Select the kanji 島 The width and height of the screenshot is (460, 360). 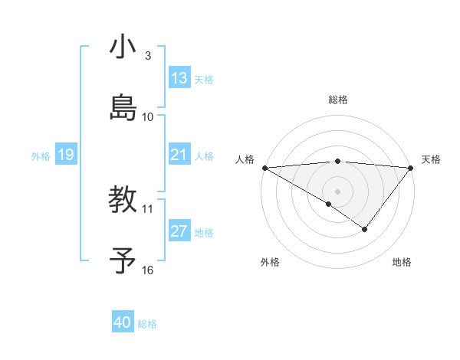(x=123, y=106)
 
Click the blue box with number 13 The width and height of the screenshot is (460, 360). (x=179, y=78)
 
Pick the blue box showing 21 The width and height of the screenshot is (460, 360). (x=179, y=155)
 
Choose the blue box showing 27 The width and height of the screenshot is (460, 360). (x=179, y=231)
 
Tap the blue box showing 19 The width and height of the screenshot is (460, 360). (x=65, y=155)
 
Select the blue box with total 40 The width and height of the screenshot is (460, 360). (x=123, y=322)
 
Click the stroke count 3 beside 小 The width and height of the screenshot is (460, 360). (x=148, y=56)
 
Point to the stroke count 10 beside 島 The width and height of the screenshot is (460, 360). (x=148, y=117)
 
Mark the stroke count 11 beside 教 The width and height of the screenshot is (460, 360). (x=148, y=208)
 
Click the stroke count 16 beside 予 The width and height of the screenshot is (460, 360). (x=148, y=270)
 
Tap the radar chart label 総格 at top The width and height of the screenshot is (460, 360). (x=338, y=100)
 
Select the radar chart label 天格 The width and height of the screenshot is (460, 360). (x=431, y=159)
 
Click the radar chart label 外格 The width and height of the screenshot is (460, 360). (x=270, y=262)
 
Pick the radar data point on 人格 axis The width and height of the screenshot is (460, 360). (x=264, y=167)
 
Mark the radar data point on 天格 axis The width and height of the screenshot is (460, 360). (x=411, y=167)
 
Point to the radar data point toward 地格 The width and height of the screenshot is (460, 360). (x=365, y=229)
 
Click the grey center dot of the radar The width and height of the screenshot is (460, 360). (x=338, y=191)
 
